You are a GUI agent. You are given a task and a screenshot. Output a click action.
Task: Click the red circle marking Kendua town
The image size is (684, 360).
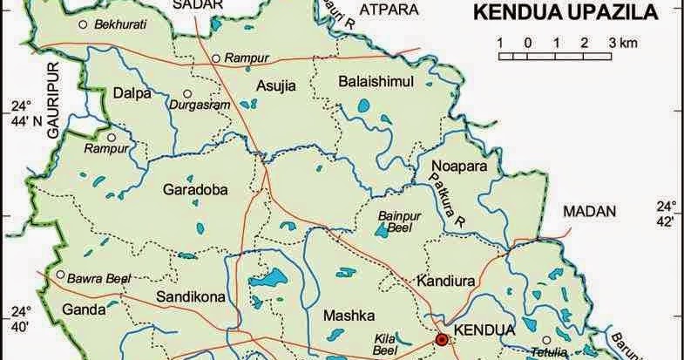pos(442,339)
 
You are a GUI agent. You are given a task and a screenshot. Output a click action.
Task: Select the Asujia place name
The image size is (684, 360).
pos(276,85)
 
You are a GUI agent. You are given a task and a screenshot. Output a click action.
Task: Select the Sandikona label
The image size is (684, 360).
pos(190,297)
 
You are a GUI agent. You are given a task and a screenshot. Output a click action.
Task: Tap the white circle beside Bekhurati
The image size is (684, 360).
pos(83,25)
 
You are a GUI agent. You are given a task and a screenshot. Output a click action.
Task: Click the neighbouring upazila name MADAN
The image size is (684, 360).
pos(588,211)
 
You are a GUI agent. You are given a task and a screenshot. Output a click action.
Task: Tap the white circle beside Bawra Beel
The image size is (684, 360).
pos(60,275)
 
